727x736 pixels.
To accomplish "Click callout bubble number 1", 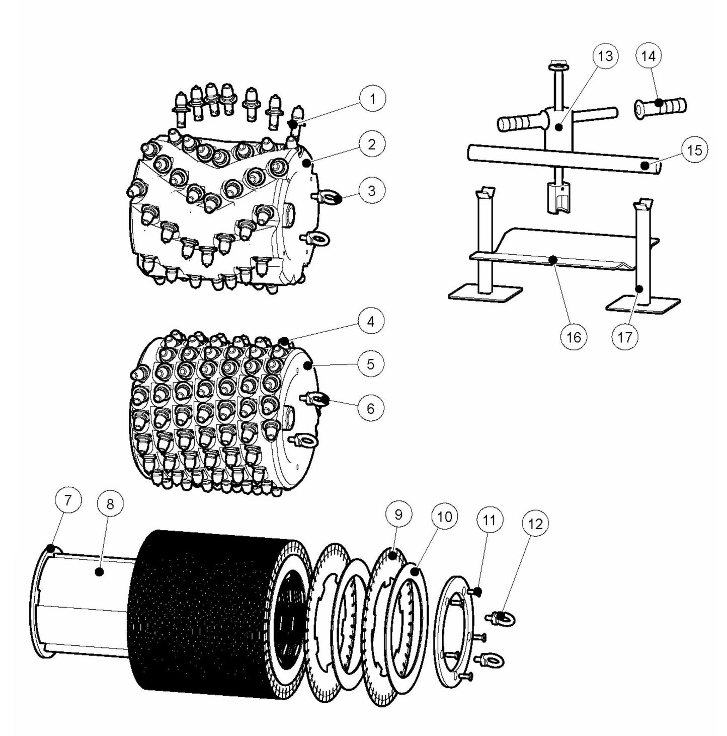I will pyautogui.click(x=372, y=99).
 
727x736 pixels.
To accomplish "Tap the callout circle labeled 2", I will pyautogui.click(x=371, y=144).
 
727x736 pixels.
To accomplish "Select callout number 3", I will pyautogui.click(x=371, y=191).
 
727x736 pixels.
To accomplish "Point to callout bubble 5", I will pyautogui.click(x=371, y=363).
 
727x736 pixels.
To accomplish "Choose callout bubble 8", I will pyautogui.click(x=110, y=504).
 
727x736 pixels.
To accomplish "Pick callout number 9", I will pyautogui.click(x=399, y=514).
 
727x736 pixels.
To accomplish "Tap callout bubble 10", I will pyautogui.click(x=445, y=517).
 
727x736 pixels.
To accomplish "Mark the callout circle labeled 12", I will pyautogui.click(x=535, y=524).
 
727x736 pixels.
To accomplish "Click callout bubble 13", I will pyautogui.click(x=605, y=56).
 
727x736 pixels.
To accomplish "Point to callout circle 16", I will pyautogui.click(x=574, y=337).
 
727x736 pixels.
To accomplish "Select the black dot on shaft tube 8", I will pyautogui.click(x=100, y=571).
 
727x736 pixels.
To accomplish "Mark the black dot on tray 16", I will pyautogui.click(x=552, y=259).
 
